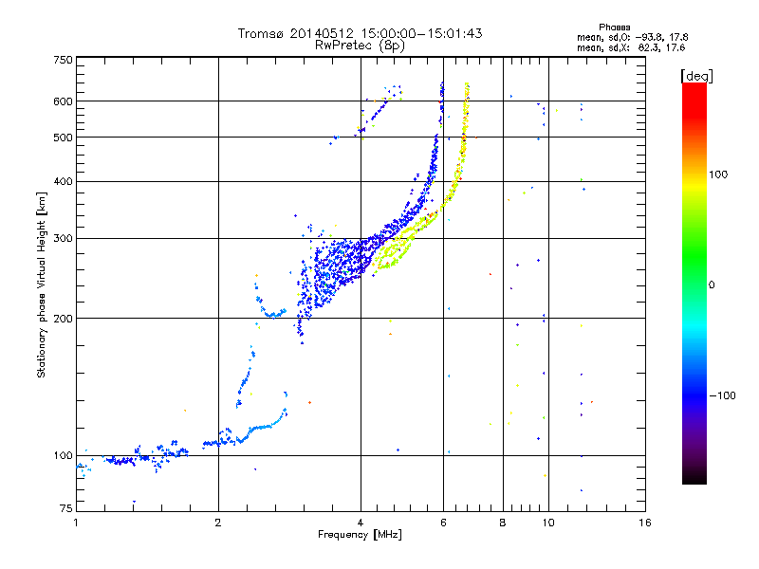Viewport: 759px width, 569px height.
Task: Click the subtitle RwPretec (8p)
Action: tap(360, 46)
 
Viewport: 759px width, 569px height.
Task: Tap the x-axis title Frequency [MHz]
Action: tap(360, 535)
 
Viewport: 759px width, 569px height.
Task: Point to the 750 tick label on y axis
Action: tap(64, 60)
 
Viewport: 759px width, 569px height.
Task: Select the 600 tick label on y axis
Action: tap(64, 101)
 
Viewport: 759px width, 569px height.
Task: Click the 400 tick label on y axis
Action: tap(64, 181)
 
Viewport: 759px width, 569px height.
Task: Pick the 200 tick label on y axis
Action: tap(64, 319)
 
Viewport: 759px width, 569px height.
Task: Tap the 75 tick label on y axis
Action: tap(66, 508)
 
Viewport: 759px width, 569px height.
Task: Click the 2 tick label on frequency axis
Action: tap(218, 523)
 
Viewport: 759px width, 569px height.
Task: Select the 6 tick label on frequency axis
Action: tap(443, 523)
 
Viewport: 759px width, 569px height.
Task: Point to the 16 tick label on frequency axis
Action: tap(645, 523)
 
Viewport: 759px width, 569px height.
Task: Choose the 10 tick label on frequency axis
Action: tap(548, 523)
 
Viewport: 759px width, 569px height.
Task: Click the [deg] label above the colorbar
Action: tap(696, 77)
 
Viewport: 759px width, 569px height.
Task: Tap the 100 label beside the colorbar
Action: tap(718, 174)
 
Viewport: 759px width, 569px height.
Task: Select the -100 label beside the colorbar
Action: tap(722, 395)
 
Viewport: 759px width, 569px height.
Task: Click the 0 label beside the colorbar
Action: tap(712, 285)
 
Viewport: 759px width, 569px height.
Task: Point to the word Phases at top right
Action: tap(614, 28)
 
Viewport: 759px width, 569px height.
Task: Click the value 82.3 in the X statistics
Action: tap(649, 47)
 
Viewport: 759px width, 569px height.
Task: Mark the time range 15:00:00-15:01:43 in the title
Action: tap(421, 33)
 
